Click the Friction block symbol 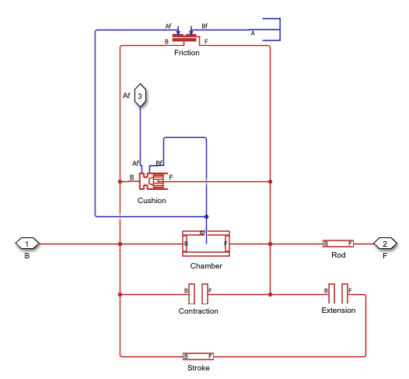click(184, 37)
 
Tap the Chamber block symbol click(206, 244)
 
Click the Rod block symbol click(338, 244)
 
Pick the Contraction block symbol click(198, 294)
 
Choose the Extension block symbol click(338, 294)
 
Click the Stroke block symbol click(198, 356)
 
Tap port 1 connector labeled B click(27, 244)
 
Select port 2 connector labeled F click(384, 244)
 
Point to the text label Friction click(187, 53)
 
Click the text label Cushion click(152, 200)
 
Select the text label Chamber click(206, 265)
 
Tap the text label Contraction click(198, 311)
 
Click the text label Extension click(338, 310)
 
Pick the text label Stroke click(198, 367)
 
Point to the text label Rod click(338, 254)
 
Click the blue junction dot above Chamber click(206, 216)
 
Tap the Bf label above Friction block click(204, 26)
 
